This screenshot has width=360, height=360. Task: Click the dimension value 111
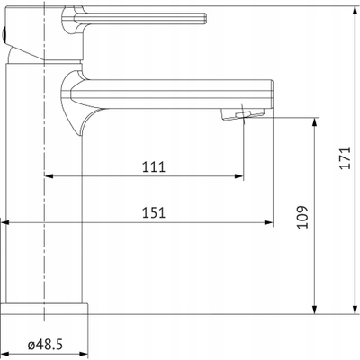(154, 166)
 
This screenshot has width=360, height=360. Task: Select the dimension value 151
(154, 212)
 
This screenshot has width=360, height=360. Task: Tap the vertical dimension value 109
(303, 217)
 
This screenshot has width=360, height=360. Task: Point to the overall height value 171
(345, 157)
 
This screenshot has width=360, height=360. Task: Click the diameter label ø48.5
(45, 345)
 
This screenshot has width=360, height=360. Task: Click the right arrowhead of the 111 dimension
(238, 176)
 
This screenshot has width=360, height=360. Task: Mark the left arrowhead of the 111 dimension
(49, 176)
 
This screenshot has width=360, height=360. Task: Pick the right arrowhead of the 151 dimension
(268, 222)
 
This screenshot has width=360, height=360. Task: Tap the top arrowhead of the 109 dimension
(314, 121)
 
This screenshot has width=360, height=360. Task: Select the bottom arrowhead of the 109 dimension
(314, 310)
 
